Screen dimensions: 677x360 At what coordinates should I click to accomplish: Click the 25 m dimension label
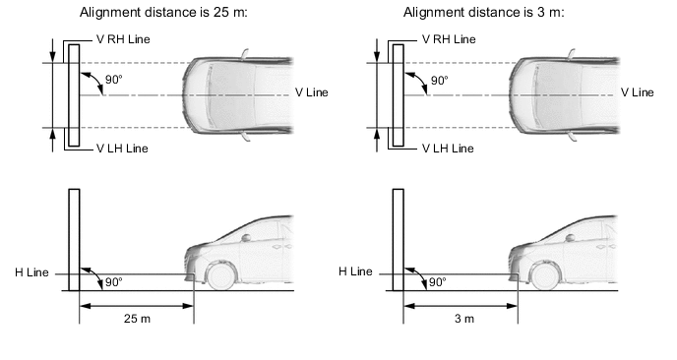click(x=137, y=319)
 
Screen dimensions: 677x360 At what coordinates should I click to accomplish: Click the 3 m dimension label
click(x=464, y=319)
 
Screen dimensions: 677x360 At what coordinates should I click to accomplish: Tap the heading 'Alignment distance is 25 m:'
click(x=163, y=13)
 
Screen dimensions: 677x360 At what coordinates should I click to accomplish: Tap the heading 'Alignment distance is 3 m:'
click(x=484, y=13)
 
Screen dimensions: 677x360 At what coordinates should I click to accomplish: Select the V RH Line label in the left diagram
click(x=123, y=39)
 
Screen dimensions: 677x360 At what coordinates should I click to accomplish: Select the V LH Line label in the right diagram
click(x=448, y=149)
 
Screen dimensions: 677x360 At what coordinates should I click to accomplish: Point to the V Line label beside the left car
click(x=312, y=92)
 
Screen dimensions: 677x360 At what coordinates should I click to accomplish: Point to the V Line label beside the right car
click(x=638, y=92)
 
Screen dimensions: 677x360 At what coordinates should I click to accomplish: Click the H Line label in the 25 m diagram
click(x=31, y=272)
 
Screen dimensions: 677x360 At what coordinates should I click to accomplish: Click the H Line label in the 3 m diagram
click(x=355, y=271)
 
